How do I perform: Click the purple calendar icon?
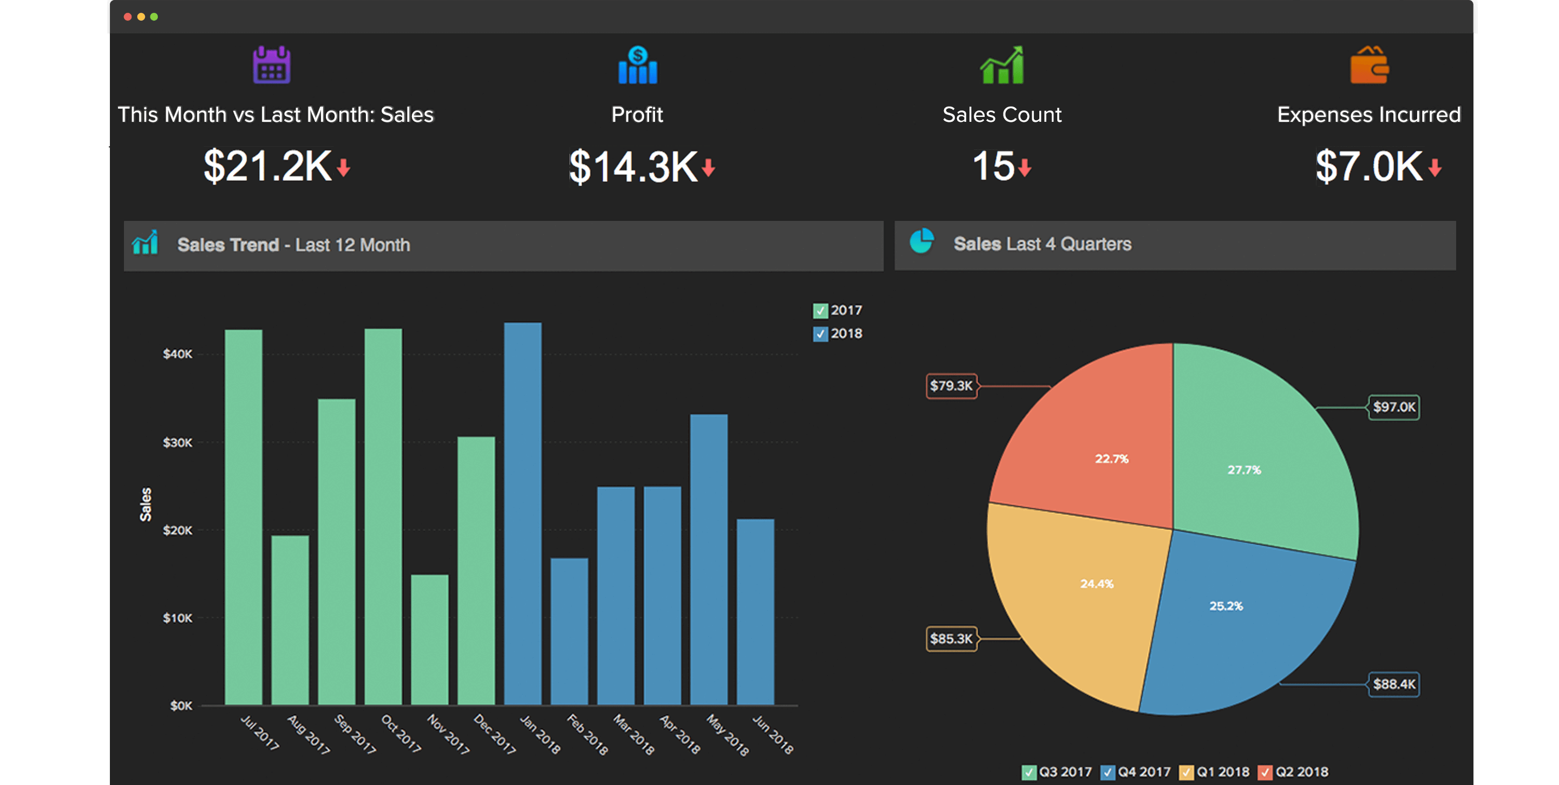[271, 65]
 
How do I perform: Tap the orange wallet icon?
[1369, 66]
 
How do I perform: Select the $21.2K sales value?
[267, 166]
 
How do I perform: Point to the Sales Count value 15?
[993, 166]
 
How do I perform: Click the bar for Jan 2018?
[523, 514]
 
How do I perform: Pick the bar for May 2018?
[709, 560]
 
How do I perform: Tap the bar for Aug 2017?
[290, 620]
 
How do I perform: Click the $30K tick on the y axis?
[178, 442]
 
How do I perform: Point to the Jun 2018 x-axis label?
[773, 735]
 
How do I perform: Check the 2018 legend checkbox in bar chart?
[820, 333]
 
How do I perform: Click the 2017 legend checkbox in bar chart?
[820, 311]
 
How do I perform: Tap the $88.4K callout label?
[1394, 684]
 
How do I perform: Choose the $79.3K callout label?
[952, 386]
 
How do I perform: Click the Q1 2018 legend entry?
[1215, 771]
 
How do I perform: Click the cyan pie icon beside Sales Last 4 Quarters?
[922, 241]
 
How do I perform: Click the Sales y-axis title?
[145, 503]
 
